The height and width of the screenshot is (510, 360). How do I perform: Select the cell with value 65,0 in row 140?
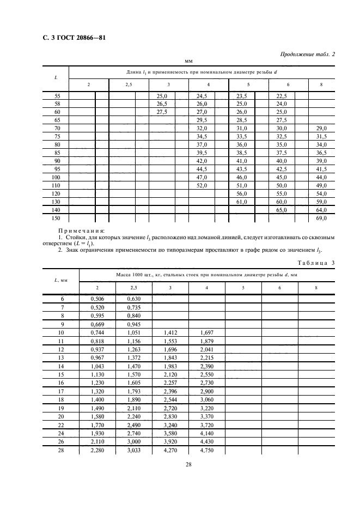pos(282,210)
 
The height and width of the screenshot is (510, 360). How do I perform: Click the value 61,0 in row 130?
pos(242,202)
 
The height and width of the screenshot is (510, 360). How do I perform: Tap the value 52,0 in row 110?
pos(202,185)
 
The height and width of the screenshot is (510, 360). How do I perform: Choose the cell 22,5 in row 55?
pos(282,95)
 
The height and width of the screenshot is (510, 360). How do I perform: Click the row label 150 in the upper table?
pos(56,218)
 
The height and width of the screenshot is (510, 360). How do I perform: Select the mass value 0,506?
pos(98,299)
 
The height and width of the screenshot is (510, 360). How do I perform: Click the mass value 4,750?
pos(207,451)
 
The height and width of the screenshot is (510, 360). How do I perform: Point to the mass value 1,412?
pos(170,332)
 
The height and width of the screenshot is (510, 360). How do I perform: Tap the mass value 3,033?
pos(134,451)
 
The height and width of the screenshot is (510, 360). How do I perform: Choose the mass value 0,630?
pos(134,299)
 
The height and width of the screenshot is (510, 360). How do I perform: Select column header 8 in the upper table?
pos(321,84)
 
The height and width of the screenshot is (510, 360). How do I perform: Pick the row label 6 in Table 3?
pos(61,299)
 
